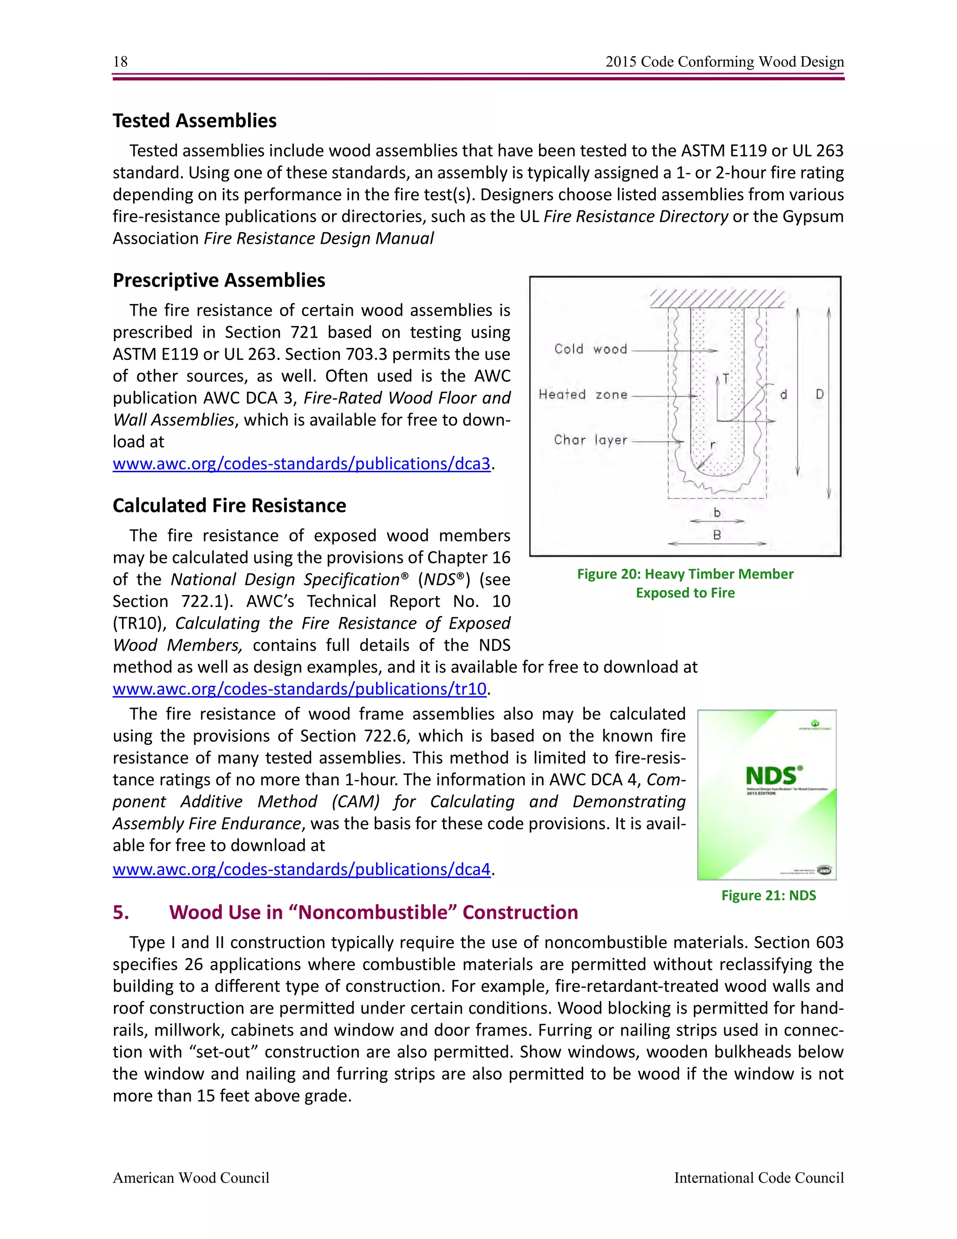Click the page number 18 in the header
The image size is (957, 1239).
coord(120,61)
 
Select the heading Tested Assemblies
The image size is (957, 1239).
coord(194,121)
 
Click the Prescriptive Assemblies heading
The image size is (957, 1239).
coord(219,280)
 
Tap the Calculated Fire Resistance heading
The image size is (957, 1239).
coord(229,505)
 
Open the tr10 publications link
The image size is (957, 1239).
coord(300,689)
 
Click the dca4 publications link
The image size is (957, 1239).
coord(301,869)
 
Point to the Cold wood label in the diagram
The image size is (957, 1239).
coord(590,349)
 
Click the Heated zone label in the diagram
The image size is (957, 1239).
coord(583,394)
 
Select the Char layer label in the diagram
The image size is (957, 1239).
coord(590,439)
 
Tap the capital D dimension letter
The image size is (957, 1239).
coord(820,394)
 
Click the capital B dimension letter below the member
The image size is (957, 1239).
coord(717,534)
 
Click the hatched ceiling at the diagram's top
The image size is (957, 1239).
coord(717,298)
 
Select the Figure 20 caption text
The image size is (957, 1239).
coord(685,583)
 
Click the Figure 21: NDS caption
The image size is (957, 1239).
coord(768,895)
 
